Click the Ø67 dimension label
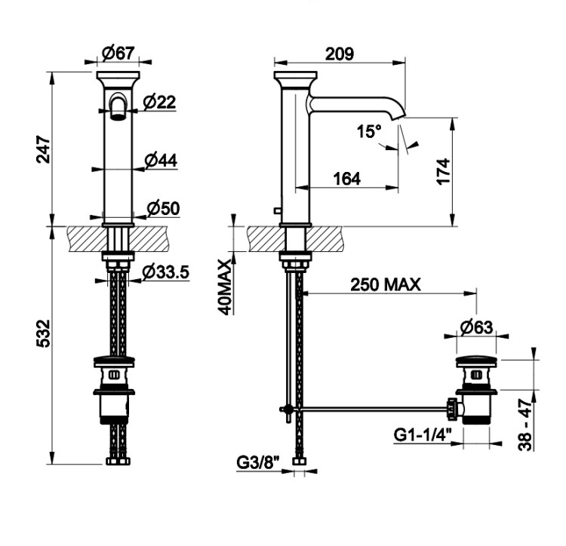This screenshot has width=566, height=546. (118, 54)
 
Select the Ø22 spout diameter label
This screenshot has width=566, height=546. (159, 102)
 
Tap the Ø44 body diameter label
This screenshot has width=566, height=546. (161, 161)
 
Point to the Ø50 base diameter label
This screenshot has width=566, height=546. (164, 208)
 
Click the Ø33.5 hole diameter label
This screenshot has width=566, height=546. (166, 272)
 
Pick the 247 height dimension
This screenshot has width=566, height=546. (44, 149)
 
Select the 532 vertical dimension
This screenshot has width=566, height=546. (44, 333)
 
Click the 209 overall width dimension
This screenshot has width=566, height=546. (340, 54)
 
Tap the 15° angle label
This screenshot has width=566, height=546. (369, 131)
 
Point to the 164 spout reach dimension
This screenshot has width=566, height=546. (347, 179)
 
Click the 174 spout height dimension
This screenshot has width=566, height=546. (444, 171)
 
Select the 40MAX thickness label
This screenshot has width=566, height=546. (225, 287)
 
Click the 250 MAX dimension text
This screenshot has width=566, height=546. (386, 284)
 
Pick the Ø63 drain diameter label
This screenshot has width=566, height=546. (476, 327)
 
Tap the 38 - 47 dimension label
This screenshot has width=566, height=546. (525, 424)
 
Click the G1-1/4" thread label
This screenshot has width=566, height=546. (423, 434)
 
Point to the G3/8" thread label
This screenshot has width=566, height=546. (258, 463)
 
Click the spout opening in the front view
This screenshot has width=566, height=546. (118, 116)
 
